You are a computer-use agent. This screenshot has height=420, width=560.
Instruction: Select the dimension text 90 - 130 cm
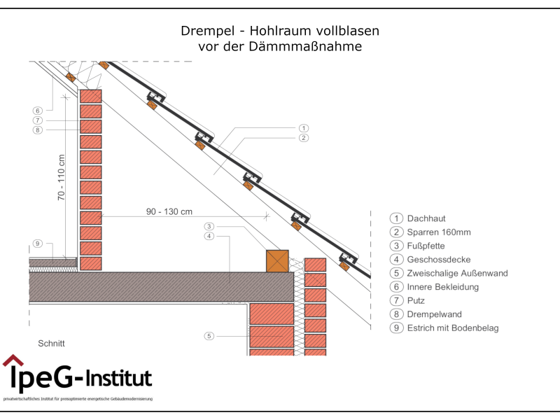[169, 211]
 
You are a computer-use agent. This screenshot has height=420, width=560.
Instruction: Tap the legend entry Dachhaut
[426, 218]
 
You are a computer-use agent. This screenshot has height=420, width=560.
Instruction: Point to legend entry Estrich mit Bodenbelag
[454, 328]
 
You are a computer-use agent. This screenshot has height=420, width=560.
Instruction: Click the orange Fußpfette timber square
[277, 260]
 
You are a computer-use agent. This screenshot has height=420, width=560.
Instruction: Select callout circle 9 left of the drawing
[38, 244]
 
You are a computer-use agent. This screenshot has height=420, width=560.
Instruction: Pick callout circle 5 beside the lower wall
[209, 337]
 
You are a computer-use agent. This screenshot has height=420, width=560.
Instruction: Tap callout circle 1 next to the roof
[303, 128]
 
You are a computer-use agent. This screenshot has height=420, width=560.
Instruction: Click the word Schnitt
[51, 344]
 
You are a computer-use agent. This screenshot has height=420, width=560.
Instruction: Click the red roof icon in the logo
[13, 360]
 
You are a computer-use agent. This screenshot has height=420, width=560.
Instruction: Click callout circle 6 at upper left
[38, 111]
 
